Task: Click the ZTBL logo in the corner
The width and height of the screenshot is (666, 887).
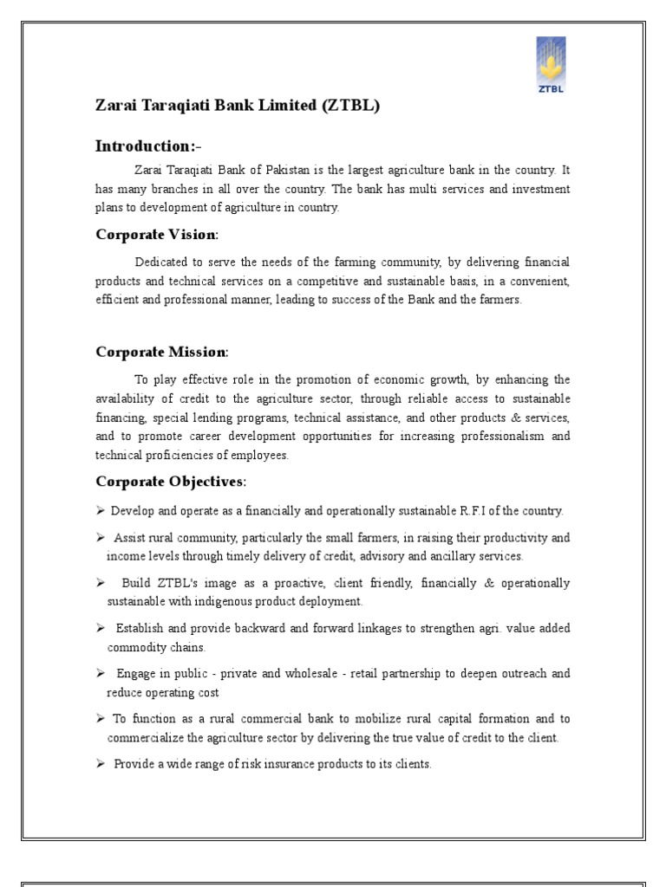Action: [551, 65]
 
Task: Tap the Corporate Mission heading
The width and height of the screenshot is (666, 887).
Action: [161, 352]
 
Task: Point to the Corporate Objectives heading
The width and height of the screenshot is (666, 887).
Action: [170, 482]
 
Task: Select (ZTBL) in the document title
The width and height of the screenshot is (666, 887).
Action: [350, 106]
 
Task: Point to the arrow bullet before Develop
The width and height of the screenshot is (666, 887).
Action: [100, 511]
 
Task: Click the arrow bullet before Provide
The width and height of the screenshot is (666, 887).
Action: [100, 764]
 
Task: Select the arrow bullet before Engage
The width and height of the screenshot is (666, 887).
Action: [100, 674]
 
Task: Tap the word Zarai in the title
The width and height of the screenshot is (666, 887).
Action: [116, 106]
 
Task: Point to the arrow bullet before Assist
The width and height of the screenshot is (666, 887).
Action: [100, 538]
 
